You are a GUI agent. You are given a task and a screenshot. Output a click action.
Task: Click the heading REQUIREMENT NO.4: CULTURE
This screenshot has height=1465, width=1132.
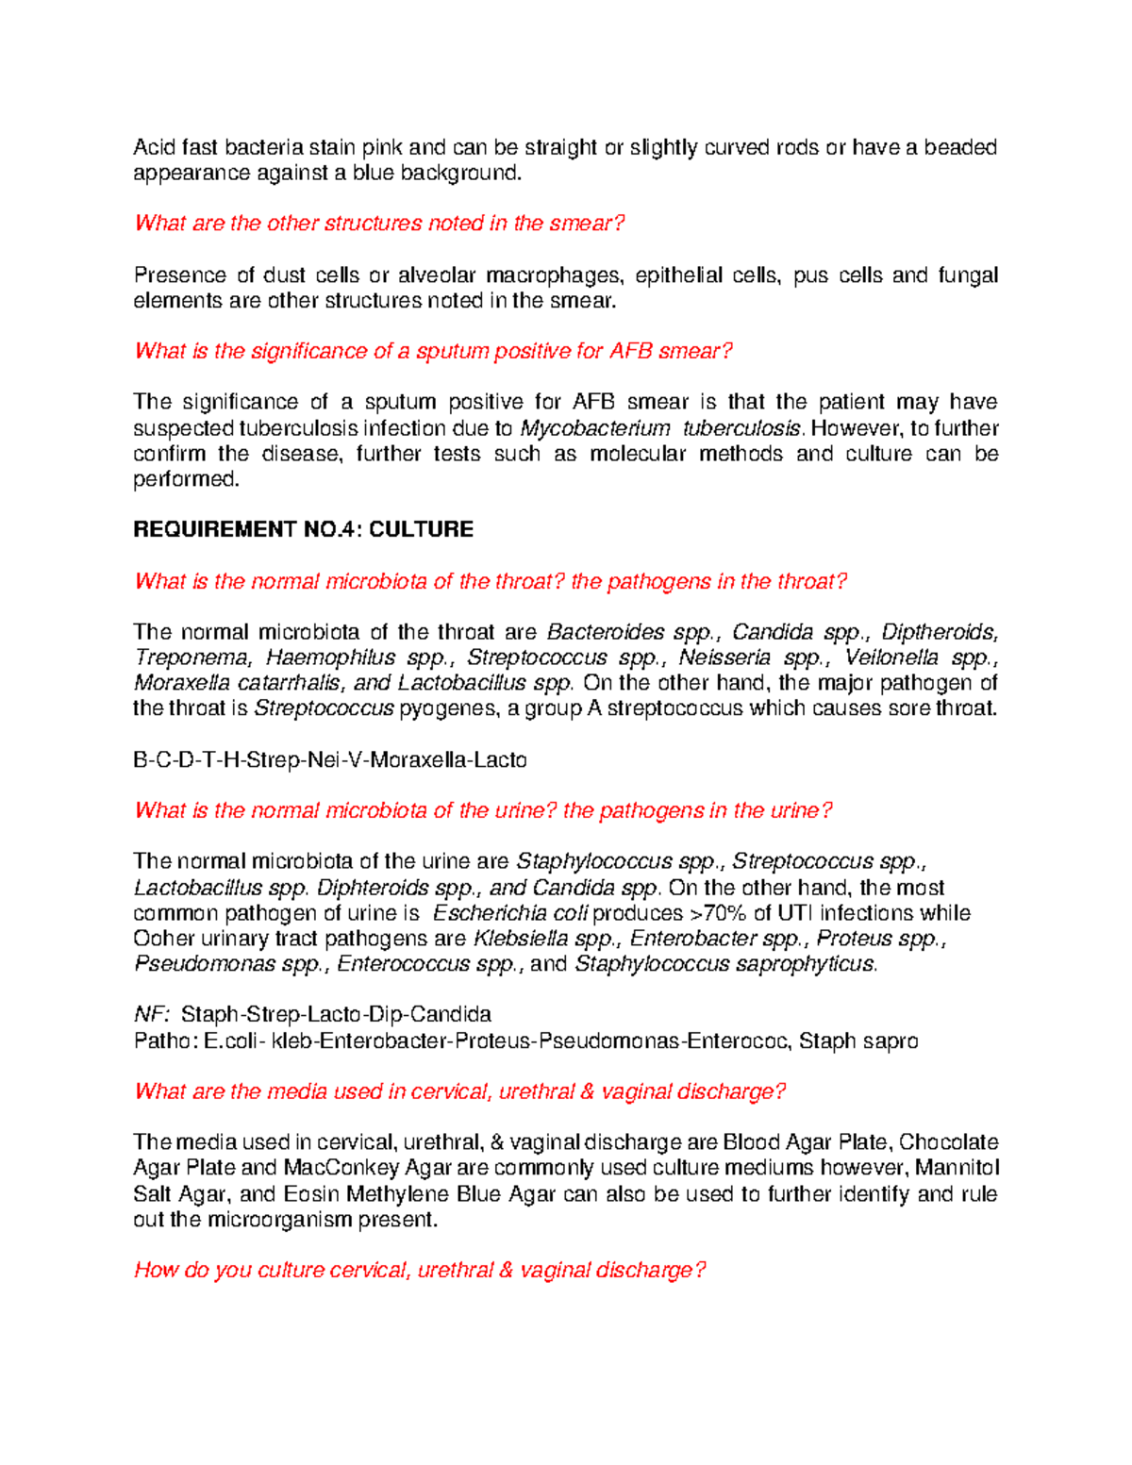(303, 529)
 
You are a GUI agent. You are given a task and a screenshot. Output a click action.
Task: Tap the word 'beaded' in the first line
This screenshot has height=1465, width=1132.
(959, 147)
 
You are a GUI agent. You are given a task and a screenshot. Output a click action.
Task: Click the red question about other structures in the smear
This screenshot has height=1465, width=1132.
(379, 224)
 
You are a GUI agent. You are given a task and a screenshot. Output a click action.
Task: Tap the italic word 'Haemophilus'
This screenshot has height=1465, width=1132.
(330, 658)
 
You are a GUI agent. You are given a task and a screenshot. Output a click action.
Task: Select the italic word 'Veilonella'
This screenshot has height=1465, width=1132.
(892, 658)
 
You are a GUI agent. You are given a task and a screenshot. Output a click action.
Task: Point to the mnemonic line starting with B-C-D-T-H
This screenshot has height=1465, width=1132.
(329, 760)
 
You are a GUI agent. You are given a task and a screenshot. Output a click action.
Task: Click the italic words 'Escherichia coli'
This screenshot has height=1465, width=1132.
(510, 913)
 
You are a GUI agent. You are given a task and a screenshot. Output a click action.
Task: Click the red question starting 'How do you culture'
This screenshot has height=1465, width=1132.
(420, 1271)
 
